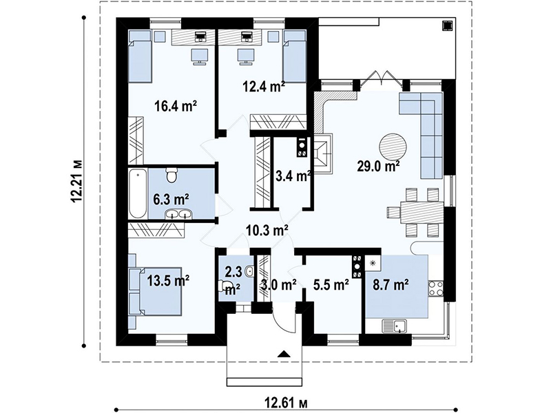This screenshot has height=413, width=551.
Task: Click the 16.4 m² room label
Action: (x=176, y=105)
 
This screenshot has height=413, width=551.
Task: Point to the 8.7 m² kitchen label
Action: (x=390, y=285)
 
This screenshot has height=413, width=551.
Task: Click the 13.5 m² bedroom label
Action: (x=168, y=280)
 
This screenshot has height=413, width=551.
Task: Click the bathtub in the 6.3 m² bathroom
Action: (x=138, y=193)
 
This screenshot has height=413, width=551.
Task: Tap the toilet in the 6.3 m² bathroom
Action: (x=171, y=175)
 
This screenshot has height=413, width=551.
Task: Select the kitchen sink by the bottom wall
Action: (x=394, y=326)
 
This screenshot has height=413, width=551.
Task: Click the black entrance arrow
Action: (x=284, y=354)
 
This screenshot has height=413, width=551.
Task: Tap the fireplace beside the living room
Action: (x=322, y=153)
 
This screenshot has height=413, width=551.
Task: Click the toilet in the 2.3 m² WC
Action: (x=225, y=285)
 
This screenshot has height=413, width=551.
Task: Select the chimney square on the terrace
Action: (x=447, y=26)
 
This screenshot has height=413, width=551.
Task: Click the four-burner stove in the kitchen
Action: (x=436, y=288)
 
